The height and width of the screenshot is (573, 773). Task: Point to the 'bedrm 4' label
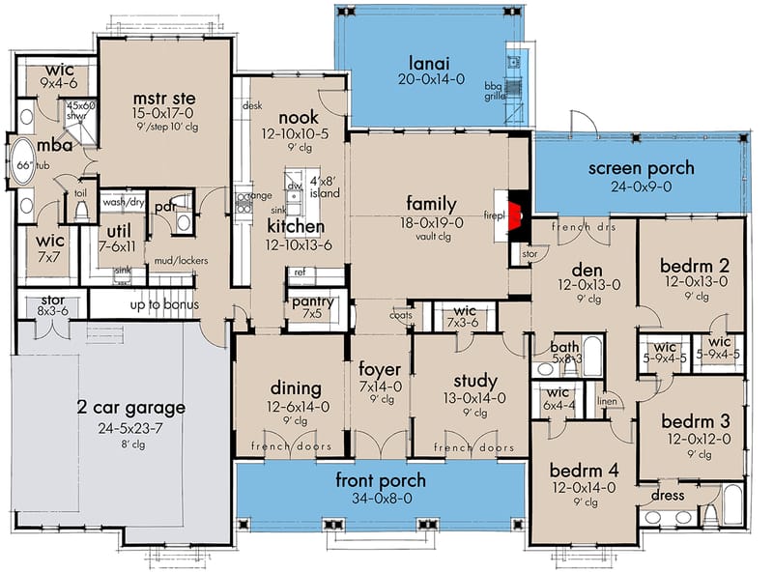click(584, 471)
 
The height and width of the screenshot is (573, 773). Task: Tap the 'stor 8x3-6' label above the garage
click(53, 305)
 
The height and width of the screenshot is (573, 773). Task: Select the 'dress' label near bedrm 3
click(668, 496)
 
